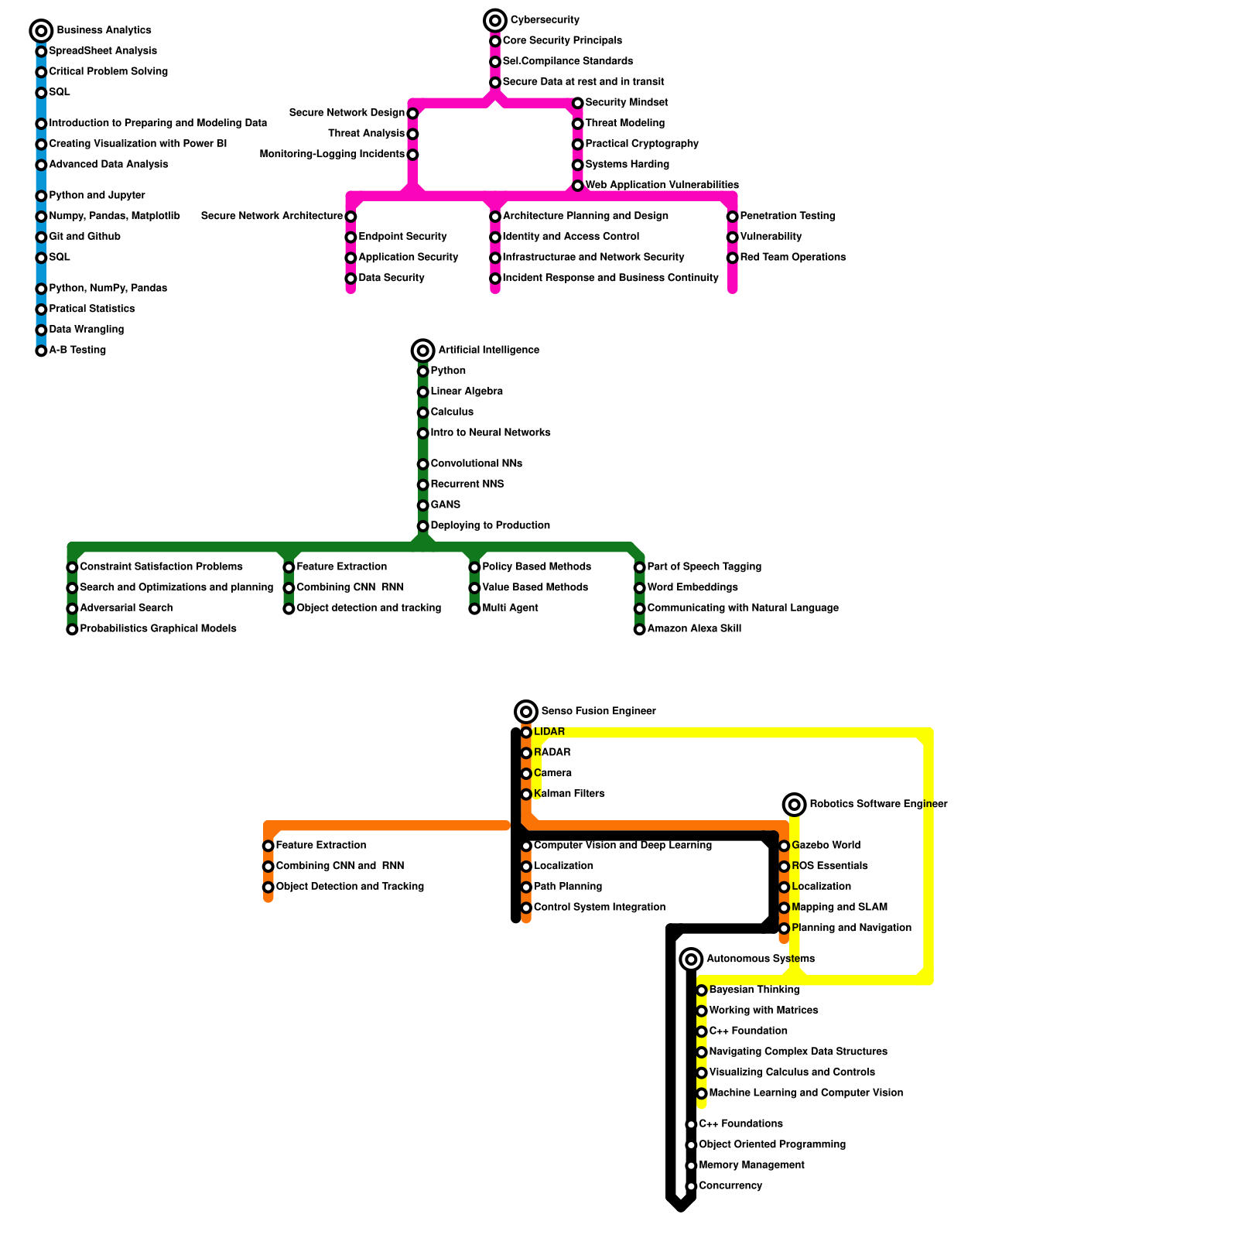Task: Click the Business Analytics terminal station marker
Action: pyautogui.click(x=41, y=31)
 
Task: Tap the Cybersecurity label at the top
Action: pyautogui.click(x=545, y=20)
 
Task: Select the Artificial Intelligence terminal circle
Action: pyautogui.click(x=422, y=351)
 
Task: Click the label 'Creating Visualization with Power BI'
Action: pyautogui.click(x=138, y=144)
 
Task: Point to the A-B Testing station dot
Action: pyautogui.click(x=41, y=351)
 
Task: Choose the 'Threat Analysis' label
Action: pyautogui.click(x=366, y=134)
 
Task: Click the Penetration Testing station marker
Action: pyautogui.click(x=732, y=217)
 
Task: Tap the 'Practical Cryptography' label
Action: pyautogui.click(x=641, y=144)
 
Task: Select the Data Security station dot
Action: pyautogui.click(x=351, y=279)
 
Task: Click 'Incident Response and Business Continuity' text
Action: pyautogui.click(x=610, y=278)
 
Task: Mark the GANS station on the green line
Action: pyautogui.click(x=422, y=505)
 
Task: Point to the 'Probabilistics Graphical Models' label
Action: pyautogui.click(x=158, y=628)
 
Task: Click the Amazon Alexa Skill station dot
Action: pyautogui.click(x=639, y=629)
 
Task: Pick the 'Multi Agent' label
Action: pyautogui.click(x=510, y=608)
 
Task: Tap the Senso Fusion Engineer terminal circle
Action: pyautogui.click(x=526, y=711)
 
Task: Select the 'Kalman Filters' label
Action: pyautogui.click(x=569, y=794)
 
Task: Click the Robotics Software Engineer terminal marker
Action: pyautogui.click(x=794, y=805)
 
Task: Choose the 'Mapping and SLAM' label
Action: pyautogui.click(x=840, y=907)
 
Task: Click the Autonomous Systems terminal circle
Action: pyautogui.click(x=691, y=959)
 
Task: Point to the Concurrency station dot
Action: pyautogui.click(x=691, y=1186)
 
